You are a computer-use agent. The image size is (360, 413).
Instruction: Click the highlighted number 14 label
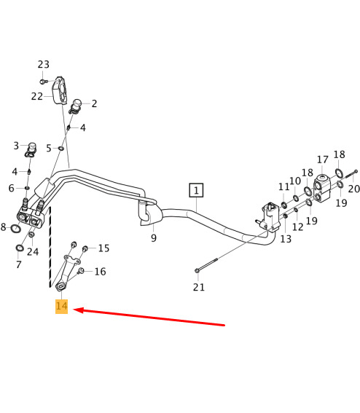coord(62,307)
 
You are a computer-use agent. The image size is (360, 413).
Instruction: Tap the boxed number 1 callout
coord(196,190)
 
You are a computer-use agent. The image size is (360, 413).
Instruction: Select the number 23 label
coord(44,65)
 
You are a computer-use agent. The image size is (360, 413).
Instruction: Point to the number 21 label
coord(199,287)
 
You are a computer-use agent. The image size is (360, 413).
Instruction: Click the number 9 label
coord(154,238)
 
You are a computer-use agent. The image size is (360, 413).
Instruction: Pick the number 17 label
coord(323,160)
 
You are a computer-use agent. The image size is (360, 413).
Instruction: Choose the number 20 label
coord(354,189)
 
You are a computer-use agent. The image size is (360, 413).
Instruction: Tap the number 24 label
coord(33,252)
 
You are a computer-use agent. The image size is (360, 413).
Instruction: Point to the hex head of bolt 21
coord(197,270)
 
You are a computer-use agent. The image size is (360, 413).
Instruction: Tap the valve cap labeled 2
coord(77,106)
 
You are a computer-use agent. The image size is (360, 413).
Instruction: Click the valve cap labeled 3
coord(31,150)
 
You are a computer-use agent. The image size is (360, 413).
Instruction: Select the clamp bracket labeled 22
coord(59,91)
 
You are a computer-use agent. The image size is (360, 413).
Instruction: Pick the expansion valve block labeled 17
coord(322,189)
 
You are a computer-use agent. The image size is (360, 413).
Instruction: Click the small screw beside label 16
coord(82,270)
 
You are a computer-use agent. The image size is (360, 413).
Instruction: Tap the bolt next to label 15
coord(85,248)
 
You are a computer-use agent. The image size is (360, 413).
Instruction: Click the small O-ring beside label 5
coord(61,149)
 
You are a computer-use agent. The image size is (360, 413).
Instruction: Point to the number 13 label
coord(286,239)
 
